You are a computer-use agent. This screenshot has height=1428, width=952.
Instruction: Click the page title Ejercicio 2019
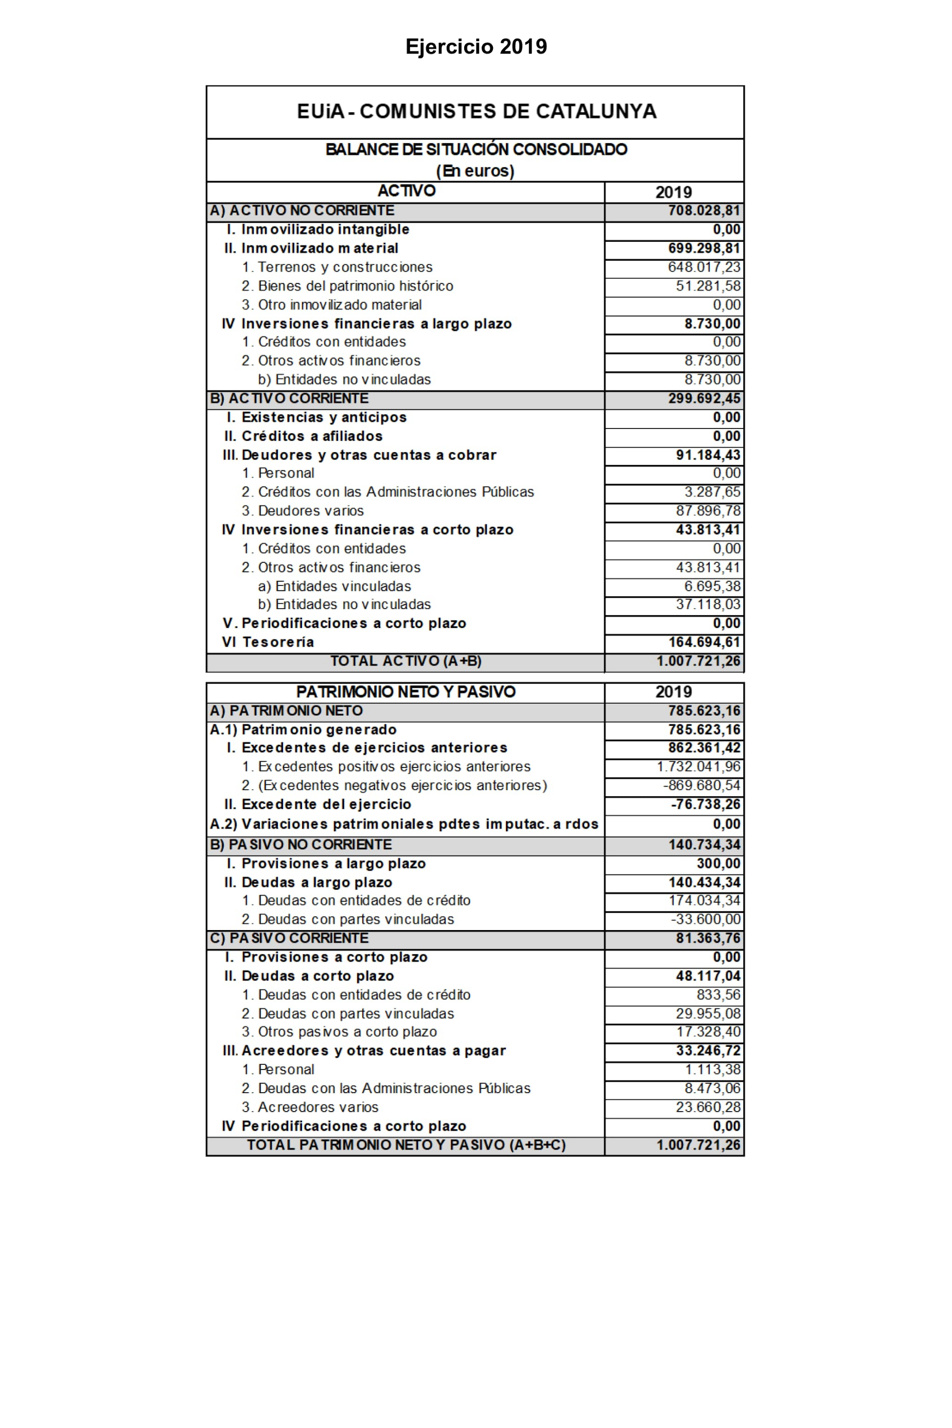pos(476,47)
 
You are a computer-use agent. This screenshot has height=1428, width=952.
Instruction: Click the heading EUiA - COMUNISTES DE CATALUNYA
pos(476,112)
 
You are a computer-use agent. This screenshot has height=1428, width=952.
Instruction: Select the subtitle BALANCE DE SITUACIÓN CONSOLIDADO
pos(476,149)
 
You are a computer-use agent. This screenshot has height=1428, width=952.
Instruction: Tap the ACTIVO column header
pos(406,191)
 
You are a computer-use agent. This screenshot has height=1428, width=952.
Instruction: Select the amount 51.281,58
pos(708,286)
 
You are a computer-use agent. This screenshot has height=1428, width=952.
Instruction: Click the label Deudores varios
pos(311,510)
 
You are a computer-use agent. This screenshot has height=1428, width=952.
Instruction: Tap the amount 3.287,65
pos(712,492)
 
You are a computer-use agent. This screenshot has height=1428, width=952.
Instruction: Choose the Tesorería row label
pos(278,642)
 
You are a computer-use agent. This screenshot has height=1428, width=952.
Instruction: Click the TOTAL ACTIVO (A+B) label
pos(406,661)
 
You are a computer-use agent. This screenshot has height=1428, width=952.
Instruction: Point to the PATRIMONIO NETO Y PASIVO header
pos(406,692)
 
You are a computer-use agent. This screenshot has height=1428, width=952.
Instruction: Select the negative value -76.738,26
pos(705,804)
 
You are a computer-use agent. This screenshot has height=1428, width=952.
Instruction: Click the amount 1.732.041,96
pos(698,766)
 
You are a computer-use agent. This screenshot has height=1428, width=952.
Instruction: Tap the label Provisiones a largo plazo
pos(333,863)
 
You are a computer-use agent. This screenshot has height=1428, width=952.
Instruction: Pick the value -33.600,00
pos(705,919)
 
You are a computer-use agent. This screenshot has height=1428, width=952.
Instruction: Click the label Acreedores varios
pos(318,1107)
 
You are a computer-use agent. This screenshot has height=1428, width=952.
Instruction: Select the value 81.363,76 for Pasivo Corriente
pos(708,938)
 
